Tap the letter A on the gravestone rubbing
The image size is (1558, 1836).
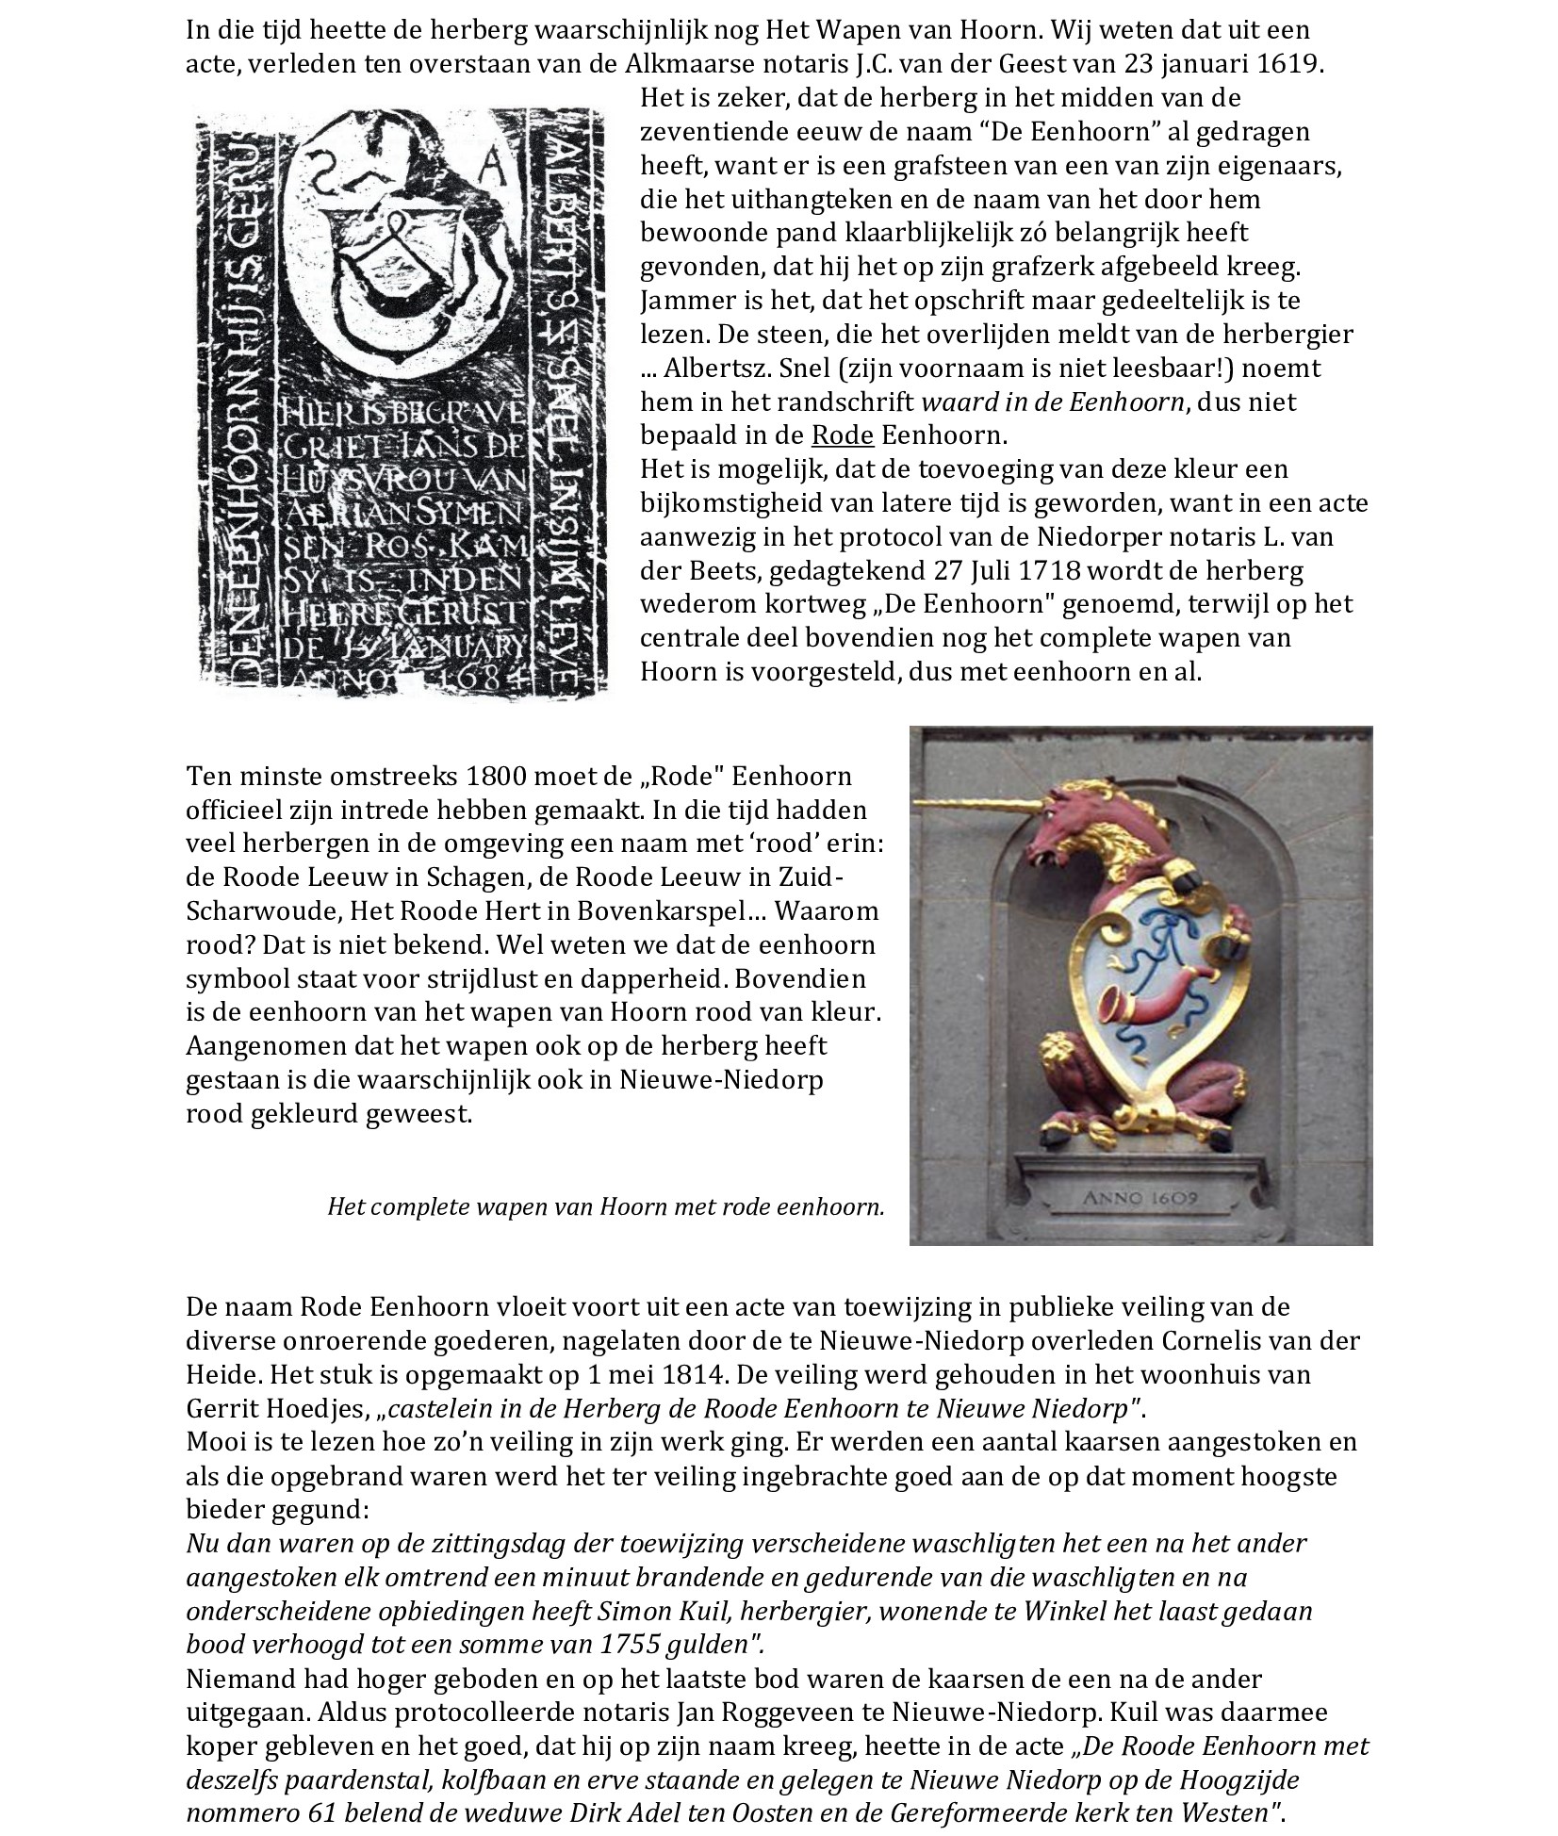[x=492, y=170]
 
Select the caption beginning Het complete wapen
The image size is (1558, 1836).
[x=605, y=1206]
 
